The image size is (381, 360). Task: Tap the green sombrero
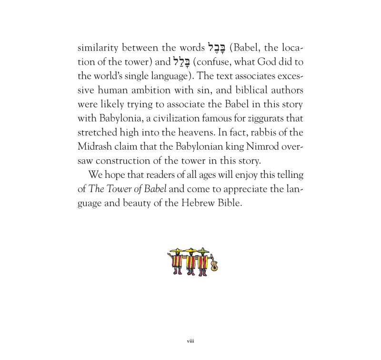coord(203,250)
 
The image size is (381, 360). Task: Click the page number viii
coord(190,341)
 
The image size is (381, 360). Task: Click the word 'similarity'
coord(98,49)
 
